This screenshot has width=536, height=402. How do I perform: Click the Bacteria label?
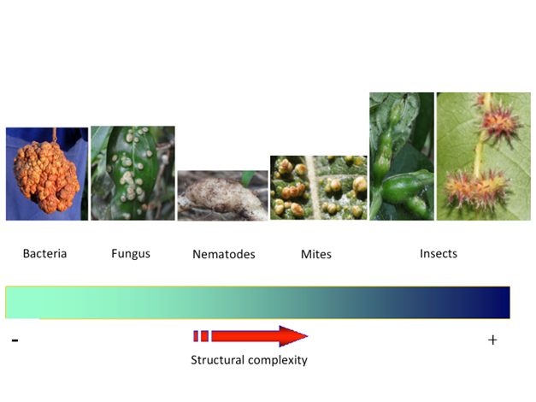44,253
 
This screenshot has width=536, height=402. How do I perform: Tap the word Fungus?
131,254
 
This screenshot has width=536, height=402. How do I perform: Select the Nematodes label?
224,254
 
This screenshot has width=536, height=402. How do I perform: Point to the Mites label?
316,254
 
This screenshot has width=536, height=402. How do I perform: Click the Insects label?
439,253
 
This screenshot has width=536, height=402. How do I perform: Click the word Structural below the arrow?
217,360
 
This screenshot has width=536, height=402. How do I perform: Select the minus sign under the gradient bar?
15,340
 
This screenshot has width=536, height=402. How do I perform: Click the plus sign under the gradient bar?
492,340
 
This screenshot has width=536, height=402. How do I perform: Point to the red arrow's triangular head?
292,336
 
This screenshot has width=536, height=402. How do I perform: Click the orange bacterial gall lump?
46,176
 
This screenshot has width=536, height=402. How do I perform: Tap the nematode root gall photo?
222,195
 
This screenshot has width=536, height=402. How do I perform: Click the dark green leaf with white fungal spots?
132,173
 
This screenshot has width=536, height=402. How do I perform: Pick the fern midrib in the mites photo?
315,187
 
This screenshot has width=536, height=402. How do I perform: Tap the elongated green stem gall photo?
402,157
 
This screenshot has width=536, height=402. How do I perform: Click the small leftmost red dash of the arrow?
196,336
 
